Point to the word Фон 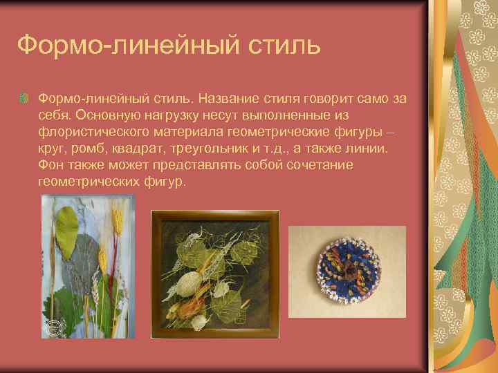click(51, 166)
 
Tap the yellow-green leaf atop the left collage click(66, 224)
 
